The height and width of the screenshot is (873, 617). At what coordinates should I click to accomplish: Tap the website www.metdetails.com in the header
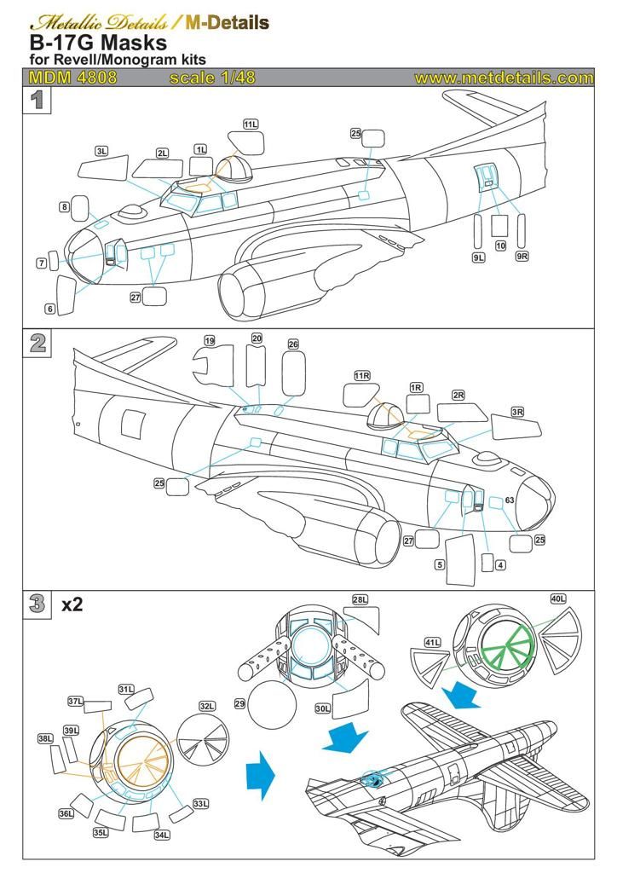click(504, 78)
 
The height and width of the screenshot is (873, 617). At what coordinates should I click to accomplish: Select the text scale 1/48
click(212, 78)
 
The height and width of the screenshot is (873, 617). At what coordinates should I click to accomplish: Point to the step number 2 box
click(37, 343)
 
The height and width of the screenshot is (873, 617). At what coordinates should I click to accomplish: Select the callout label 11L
click(251, 124)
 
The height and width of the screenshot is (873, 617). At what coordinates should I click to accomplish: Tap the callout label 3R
click(516, 412)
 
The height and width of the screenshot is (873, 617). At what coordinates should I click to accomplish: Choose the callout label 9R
click(522, 257)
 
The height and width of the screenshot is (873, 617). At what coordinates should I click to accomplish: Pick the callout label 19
click(210, 341)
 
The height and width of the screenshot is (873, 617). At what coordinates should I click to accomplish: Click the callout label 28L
click(360, 600)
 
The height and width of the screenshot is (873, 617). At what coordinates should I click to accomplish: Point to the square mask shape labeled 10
click(500, 226)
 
